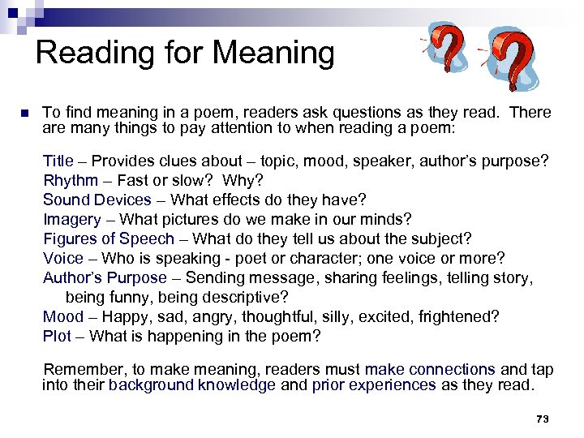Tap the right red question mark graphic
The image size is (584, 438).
coord(511,58)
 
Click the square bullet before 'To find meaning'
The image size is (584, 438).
coord(24,113)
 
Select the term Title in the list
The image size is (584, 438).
coord(58,161)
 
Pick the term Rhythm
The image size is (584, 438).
coord(71,180)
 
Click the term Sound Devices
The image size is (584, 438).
coord(97,200)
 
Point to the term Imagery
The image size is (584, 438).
coord(72,219)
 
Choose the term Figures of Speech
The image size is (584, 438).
coord(109,238)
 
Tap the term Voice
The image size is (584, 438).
coord(63,258)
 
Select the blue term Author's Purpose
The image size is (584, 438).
coord(105,277)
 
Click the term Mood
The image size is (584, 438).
coord(63,316)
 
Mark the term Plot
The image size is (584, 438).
coord(57,336)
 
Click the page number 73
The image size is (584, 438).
coord(543,419)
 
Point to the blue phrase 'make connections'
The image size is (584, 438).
coord(430,370)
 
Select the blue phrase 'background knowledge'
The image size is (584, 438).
coord(192,385)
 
